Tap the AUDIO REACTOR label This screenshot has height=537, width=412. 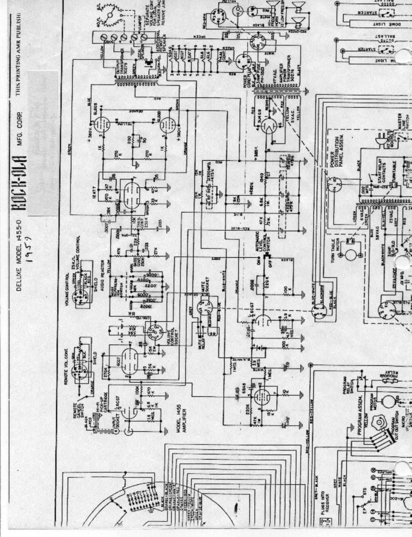109,273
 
